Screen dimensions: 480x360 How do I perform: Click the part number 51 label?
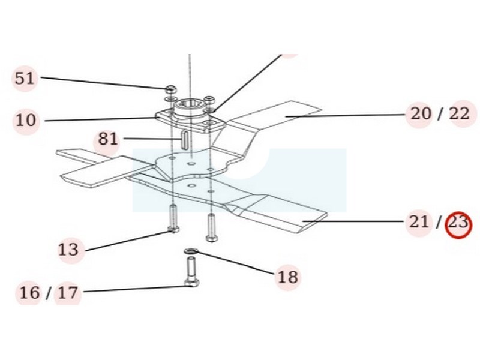click(25, 79)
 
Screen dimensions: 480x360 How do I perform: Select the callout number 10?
click(26, 121)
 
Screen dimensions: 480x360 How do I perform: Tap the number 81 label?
click(108, 140)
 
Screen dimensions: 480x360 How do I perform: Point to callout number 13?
click(68, 250)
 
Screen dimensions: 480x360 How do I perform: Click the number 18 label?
click(288, 277)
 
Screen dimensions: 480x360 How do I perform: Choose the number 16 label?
click(29, 293)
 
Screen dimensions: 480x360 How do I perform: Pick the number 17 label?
click(68, 293)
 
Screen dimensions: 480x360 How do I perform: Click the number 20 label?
click(421, 114)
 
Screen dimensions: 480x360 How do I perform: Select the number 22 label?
click(459, 114)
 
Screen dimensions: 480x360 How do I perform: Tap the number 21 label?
click(419, 222)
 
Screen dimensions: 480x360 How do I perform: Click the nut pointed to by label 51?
click(171, 90)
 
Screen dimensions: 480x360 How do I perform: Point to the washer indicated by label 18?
click(191, 251)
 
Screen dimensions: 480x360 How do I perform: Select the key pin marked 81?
click(185, 140)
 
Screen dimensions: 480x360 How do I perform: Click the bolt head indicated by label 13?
click(174, 230)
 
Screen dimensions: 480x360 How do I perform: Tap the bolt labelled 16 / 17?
click(191, 272)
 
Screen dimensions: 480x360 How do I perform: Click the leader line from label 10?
click(100, 119)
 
